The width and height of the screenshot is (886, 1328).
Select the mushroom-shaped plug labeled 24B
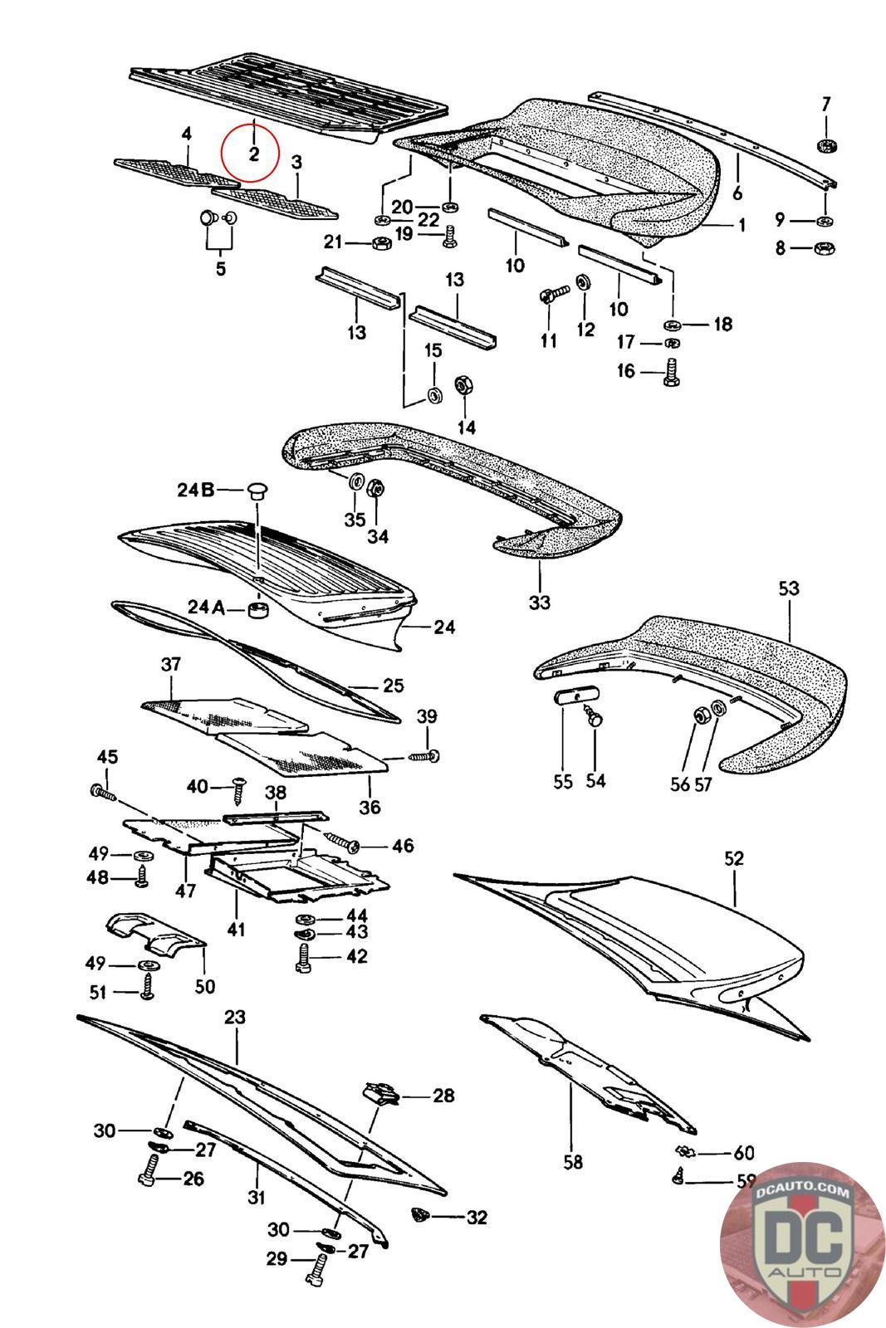point(257,491)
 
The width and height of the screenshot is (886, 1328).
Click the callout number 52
point(734,858)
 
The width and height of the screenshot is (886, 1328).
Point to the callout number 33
point(539,601)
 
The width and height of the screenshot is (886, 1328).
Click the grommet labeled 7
point(826,147)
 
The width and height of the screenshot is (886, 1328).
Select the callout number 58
point(572,1162)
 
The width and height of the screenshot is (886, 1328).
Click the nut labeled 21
point(381,243)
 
